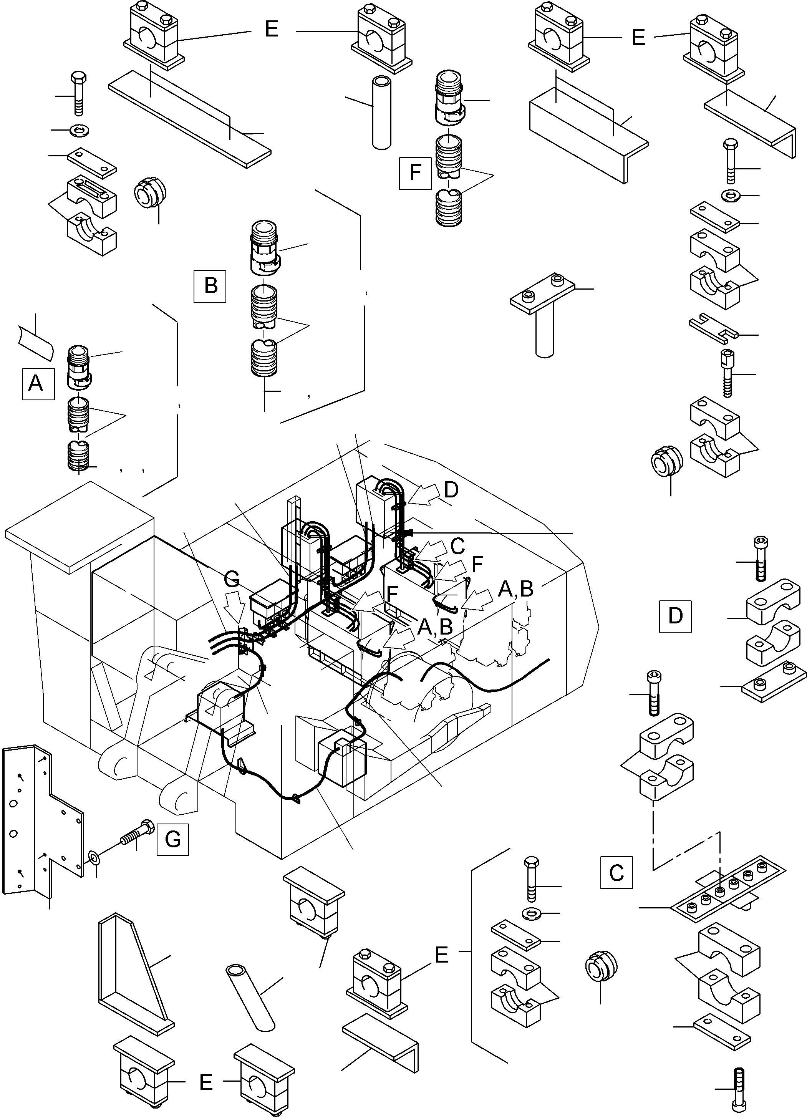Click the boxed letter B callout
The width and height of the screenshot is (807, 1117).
point(210,285)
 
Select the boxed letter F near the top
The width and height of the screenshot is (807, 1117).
point(415,173)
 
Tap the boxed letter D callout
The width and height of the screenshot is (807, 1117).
point(674,616)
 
